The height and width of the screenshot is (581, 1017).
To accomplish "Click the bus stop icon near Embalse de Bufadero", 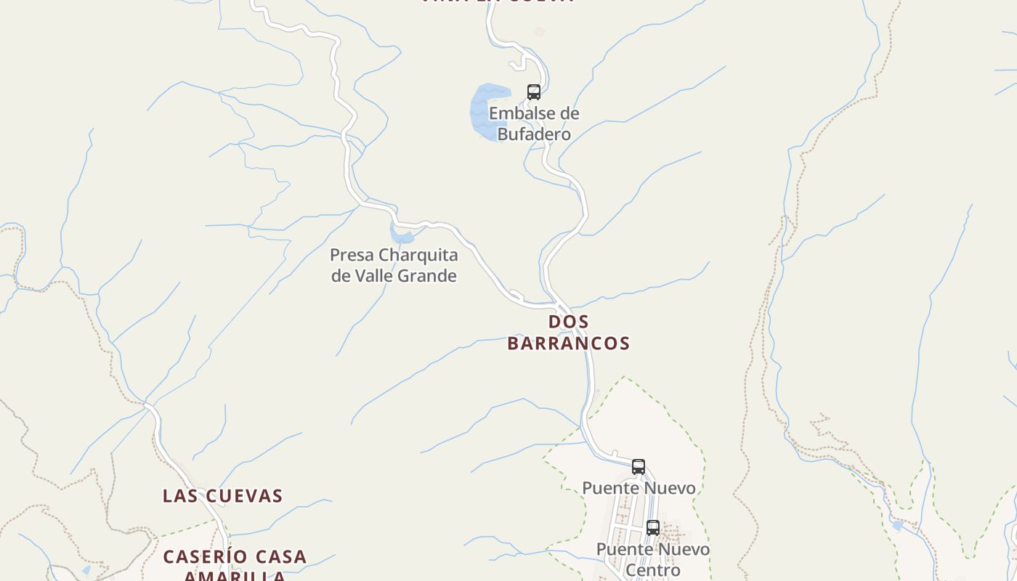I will [x=534, y=92].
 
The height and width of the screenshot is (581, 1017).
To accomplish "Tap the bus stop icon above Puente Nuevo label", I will [x=639, y=467].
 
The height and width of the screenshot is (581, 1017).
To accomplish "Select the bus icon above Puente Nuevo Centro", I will [x=653, y=528].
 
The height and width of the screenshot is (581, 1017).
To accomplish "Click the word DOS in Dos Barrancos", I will [x=568, y=322].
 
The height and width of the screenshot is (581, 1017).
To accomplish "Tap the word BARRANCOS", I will [x=568, y=343].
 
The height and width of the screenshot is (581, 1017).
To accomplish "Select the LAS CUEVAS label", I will [x=222, y=496].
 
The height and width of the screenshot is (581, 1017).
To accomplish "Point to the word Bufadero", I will [x=534, y=134].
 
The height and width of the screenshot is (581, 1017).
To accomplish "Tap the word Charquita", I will [x=418, y=255].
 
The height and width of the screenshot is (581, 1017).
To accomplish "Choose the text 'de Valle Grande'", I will [x=394, y=276].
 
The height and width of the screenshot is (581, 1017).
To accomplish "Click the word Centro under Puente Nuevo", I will [x=652, y=570].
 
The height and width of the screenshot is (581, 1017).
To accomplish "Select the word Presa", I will [x=352, y=255].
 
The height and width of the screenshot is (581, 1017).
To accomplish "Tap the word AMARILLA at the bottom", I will [x=234, y=577].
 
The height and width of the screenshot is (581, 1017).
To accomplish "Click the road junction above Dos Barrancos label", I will [x=560, y=305].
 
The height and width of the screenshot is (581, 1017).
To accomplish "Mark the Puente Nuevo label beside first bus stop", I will [x=639, y=488].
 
